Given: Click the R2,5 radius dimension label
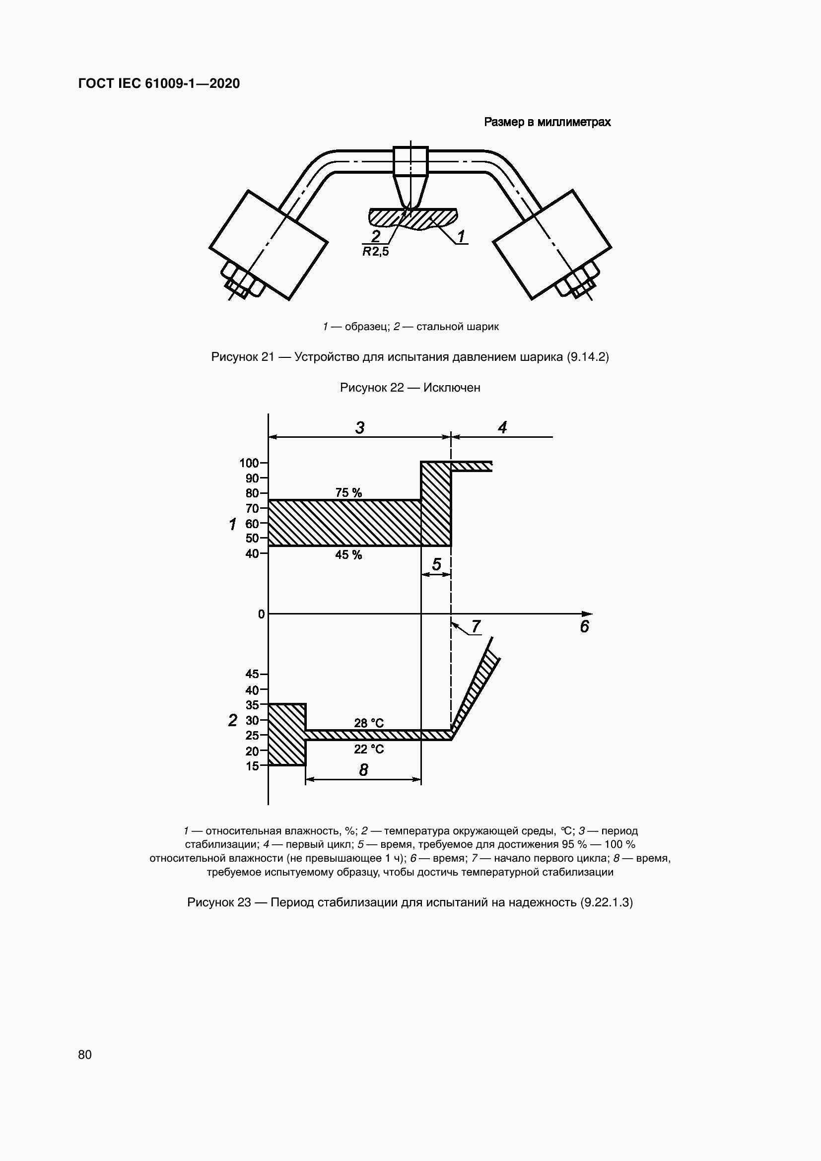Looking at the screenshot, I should [376, 251].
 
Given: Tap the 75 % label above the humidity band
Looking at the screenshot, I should [348, 492].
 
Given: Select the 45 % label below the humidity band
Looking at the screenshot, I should [348, 555].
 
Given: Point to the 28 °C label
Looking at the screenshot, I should [368, 723].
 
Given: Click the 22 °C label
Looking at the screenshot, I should [368, 749].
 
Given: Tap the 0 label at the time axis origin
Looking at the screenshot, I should [261, 614].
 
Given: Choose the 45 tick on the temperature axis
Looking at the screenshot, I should [252, 674].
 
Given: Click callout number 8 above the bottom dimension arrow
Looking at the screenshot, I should [363, 770].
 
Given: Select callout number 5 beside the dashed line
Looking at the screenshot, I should [437, 564].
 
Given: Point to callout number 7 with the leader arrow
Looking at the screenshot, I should [476, 626].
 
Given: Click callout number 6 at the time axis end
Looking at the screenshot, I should [584, 627].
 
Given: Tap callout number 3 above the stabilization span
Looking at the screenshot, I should [359, 428].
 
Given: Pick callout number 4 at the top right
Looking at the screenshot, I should [502, 428].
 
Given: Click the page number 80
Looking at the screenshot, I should [85, 1054].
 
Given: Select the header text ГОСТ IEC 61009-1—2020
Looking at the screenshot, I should [159, 83].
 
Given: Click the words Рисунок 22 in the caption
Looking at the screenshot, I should [372, 387].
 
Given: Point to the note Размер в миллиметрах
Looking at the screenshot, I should [547, 122].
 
